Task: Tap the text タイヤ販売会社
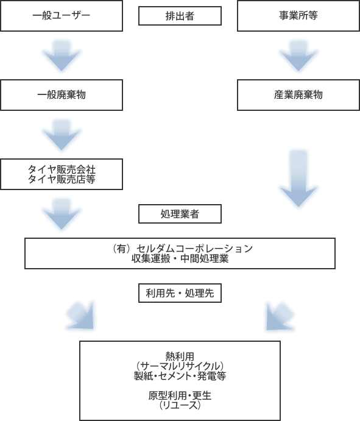pos(62,169)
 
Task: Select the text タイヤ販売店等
pos(62,179)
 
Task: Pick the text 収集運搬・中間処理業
pos(180,258)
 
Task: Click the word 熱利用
pos(180,356)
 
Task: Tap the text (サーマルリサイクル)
pos(180,366)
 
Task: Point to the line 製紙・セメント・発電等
pos(180,376)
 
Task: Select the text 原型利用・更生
pos(180,395)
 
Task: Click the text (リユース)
pos(180,405)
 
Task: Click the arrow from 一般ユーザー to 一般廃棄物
pos(62,55)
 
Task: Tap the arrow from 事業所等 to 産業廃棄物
pos(298,55)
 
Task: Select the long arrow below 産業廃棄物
pos(298,179)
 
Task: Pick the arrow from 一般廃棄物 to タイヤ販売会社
pos(62,135)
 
